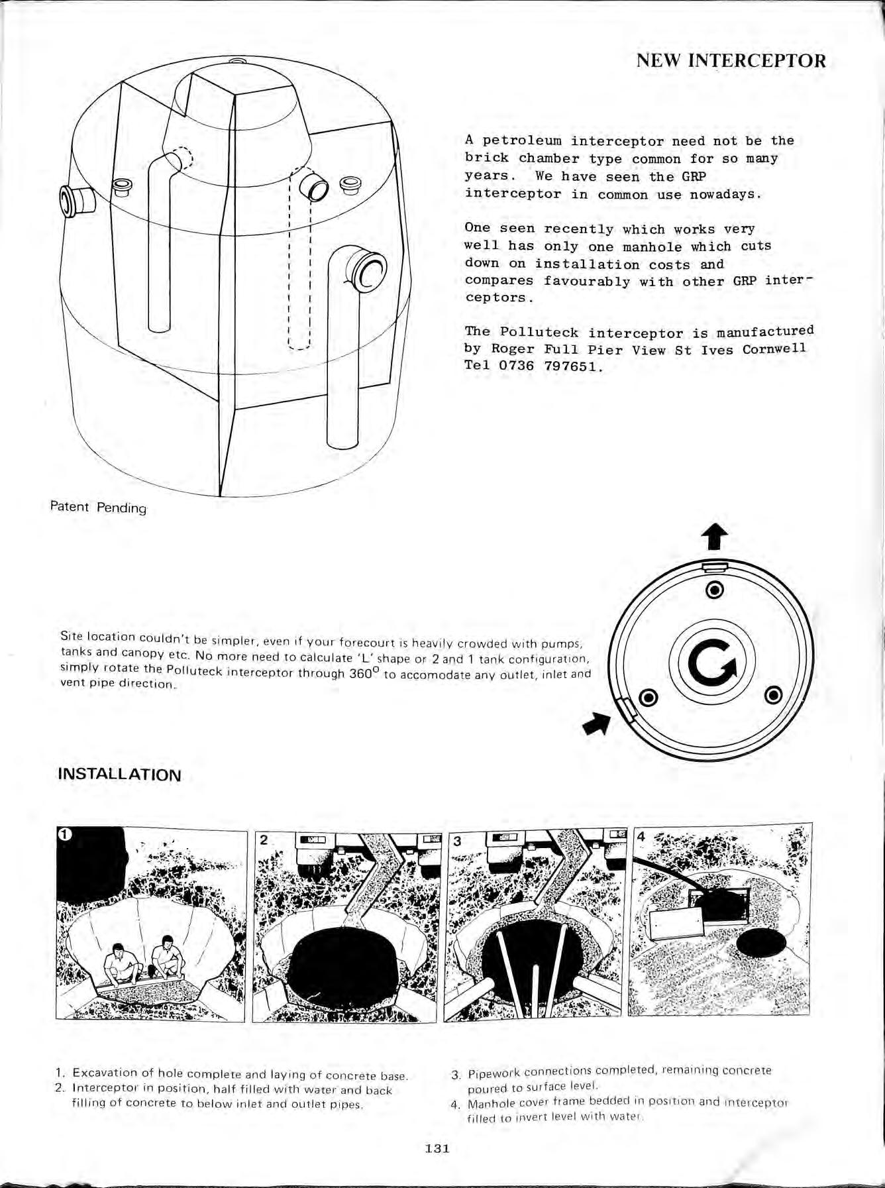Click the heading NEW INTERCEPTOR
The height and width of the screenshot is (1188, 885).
coord(731,61)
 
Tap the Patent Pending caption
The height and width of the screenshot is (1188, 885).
coord(98,508)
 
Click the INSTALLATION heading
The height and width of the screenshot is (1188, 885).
coord(119,775)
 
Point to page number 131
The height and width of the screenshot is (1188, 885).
coord(437,1148)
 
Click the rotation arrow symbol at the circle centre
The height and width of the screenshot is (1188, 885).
coord(711,665)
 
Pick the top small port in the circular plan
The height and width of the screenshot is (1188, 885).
coord(714,589)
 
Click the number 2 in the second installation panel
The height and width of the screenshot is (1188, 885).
coord(264,839)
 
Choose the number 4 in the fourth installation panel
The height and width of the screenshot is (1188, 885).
coord(641,836)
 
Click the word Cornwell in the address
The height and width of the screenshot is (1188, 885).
coord(774,349)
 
